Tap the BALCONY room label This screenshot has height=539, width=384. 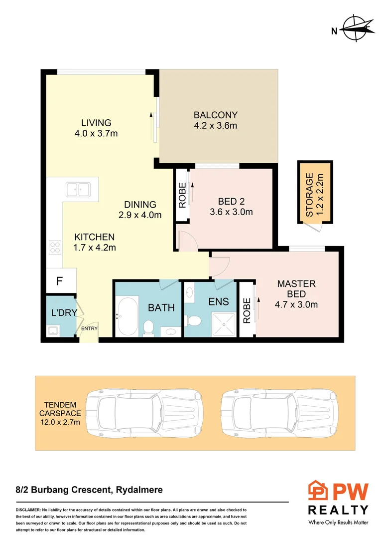coord(215,115)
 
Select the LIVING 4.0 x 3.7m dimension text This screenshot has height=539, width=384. coord(97,133)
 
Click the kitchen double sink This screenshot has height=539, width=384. coord(78,189)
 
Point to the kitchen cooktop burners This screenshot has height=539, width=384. coord(55,246)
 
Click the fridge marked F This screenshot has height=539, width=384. coord(59,281)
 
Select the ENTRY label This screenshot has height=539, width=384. coord(89,328)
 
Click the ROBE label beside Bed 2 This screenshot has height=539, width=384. coord(182,195)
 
